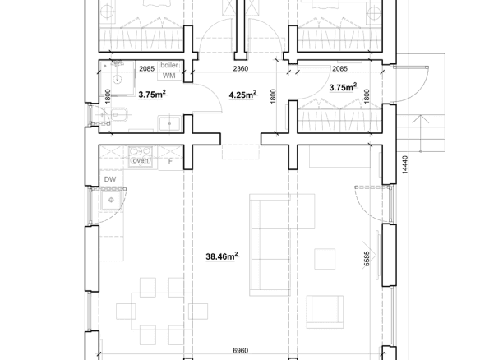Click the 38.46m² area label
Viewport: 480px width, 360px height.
point(222,256)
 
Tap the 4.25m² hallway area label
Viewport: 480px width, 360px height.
point(242,95)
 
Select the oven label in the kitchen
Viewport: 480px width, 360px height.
point(141,160)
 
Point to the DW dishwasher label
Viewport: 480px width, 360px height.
point(110,179)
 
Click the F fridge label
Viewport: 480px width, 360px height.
point(170,161)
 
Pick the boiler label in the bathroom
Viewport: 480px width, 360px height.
point(169,65)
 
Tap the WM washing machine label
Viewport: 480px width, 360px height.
point(169,76)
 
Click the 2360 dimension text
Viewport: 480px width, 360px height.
point(241,68)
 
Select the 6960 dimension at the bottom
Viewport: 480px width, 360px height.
point(241,350)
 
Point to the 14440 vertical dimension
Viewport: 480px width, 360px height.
point(404,164)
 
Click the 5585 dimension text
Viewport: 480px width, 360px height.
point(367,259)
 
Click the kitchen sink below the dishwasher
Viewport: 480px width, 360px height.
point(111,200)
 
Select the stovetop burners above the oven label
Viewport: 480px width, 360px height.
point(141,152)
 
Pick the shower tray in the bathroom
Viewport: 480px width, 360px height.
point(118,79)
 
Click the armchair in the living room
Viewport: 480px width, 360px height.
point(325,312)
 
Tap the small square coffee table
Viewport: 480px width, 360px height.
point(325,259)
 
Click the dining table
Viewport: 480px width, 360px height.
point(162,312)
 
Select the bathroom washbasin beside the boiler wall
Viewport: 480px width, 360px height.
point(170,123)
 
